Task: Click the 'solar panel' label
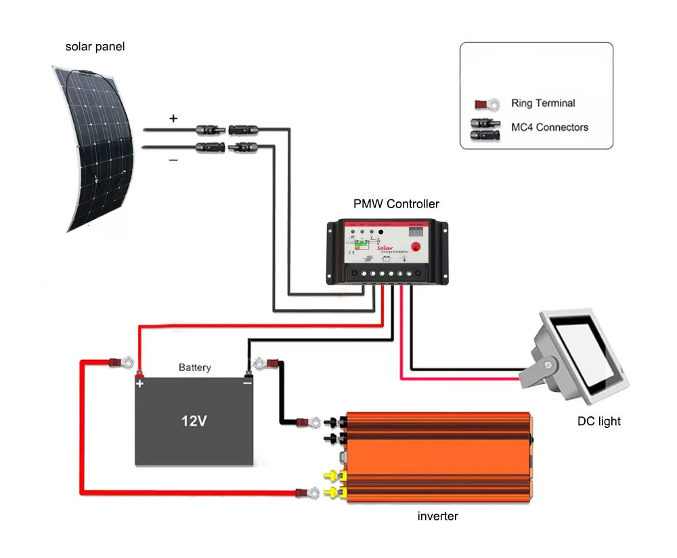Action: (95, 47)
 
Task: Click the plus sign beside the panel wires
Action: (173, 118)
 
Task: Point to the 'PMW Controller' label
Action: (396, 203)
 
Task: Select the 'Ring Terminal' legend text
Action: (543, 103)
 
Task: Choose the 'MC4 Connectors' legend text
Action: (549, 127)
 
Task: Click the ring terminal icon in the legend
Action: (487, 104)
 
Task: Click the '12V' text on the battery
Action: (194, 421)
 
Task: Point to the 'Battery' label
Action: (194, 367)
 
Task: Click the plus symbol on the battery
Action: (140, 384)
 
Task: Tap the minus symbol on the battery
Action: (247, 384)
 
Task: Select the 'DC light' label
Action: (598, 421)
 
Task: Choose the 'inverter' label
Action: (437, 516)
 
